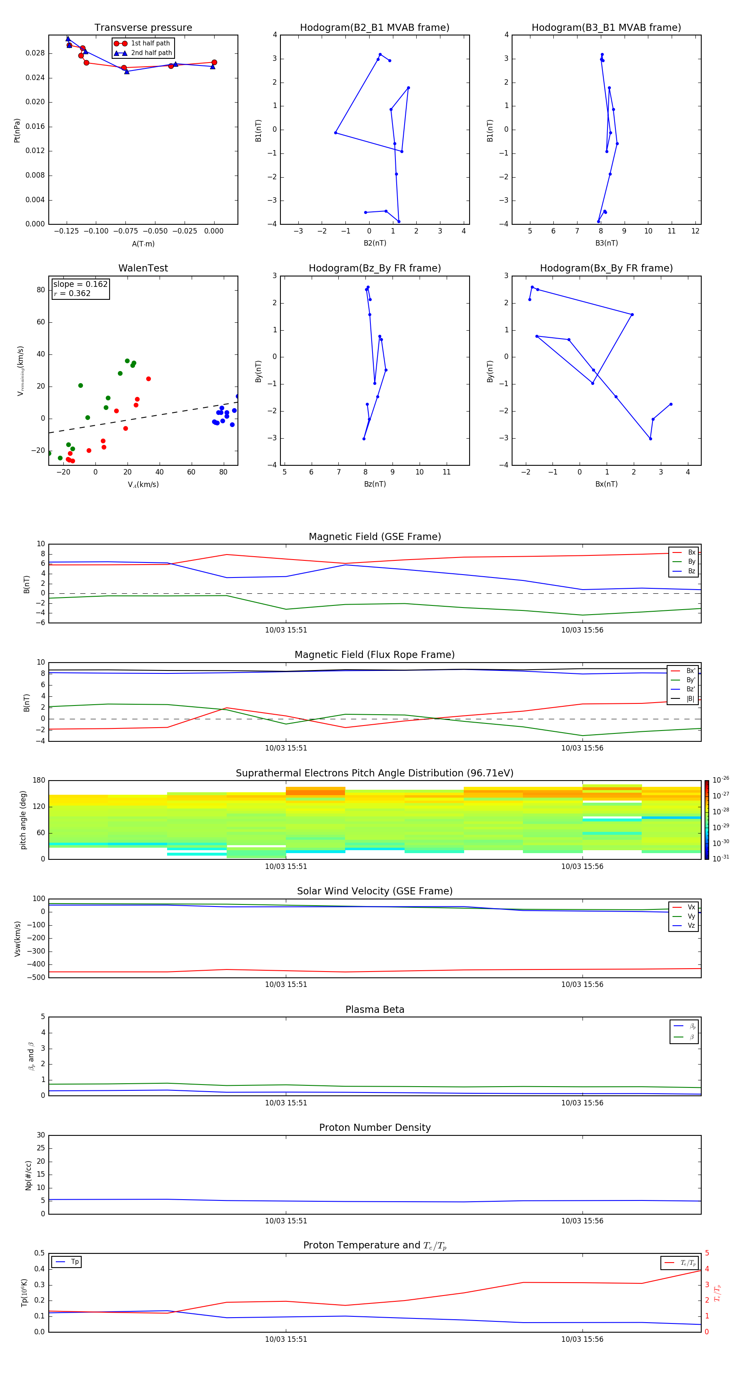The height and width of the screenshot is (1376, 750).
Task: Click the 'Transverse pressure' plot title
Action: (143, 28)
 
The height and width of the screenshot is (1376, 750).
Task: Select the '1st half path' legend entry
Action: (150, 43)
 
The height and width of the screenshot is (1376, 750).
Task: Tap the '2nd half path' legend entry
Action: (151, 53)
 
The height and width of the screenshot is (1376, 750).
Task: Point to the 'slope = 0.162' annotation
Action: (80, 284)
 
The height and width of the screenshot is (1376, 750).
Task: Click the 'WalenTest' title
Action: (143, 268)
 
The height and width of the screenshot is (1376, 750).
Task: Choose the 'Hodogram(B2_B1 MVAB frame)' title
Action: (374, 28)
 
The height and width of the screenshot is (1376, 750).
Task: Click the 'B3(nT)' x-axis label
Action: (606, 243)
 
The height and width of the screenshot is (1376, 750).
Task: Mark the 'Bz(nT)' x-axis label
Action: (375, 484)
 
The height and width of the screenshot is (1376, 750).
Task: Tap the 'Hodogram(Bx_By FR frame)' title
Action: (606, 268)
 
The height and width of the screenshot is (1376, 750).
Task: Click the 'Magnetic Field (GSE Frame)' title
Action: (375, 537)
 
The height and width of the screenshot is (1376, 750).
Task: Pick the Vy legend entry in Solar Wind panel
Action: (691, 916)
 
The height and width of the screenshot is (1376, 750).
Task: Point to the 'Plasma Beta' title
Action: (375, 1009)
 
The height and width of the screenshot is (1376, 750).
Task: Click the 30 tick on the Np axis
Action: (40, 1135)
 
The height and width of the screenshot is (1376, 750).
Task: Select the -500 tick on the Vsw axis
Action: (37, 977)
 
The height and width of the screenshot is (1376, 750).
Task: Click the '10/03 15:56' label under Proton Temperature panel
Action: (582, 1339)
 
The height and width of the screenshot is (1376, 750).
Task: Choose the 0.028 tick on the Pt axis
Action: (35, 53)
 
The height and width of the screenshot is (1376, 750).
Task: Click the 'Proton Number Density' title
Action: (375, 1127)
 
